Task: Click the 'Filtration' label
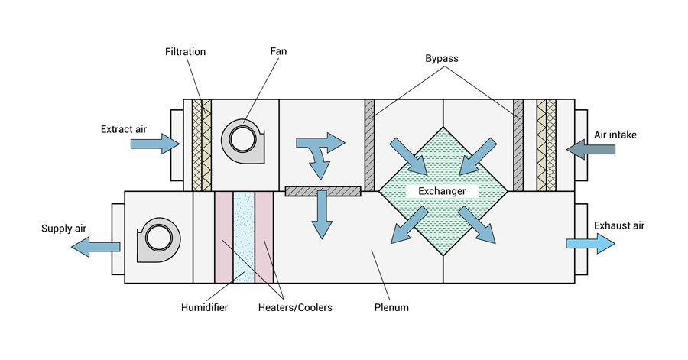[185, 52]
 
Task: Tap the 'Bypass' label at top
[443, 58]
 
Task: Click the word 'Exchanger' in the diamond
[442, 191]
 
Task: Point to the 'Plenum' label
[392, 307]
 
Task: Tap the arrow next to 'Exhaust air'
[589, 243]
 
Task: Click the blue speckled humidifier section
[244, 237]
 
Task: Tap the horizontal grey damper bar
[322, 191]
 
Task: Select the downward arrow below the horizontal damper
[321, 218]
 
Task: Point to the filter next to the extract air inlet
[200, 145]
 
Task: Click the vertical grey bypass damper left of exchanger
[369, 145]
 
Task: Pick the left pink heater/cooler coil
[223, 237]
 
